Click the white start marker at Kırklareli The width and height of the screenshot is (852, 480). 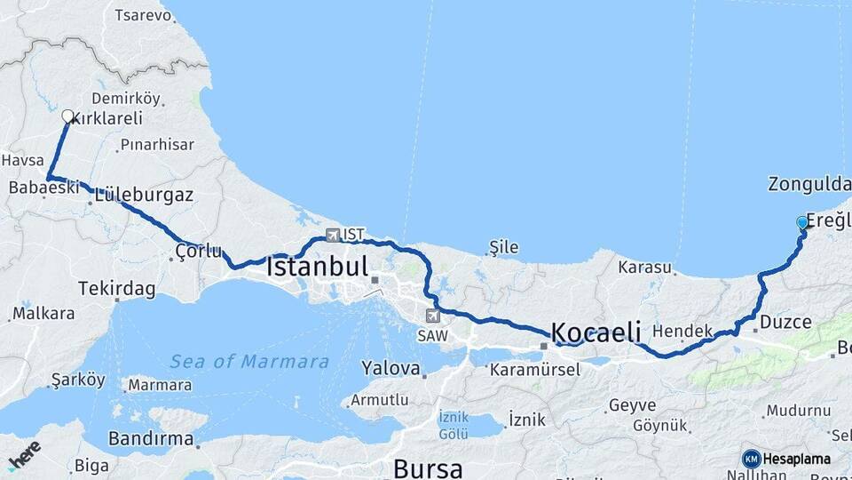coord(67,116)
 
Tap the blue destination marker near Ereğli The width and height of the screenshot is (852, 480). coord(802,222)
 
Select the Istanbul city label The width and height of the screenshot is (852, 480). coord(317,266)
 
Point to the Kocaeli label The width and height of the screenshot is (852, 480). coord(596,332)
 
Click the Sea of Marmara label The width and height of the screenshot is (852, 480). coord(249,362)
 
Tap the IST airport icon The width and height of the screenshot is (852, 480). coord(333,236)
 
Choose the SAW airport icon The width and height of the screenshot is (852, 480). coord(432,315)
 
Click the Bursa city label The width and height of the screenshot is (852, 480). coord(428,468)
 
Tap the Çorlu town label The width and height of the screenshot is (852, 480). coord(198,251)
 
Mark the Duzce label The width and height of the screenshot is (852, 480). coord(785,322)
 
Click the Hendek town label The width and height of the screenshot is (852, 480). coord(682,331)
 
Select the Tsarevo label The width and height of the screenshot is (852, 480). coord(142,15)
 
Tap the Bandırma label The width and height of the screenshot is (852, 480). coord(151,438)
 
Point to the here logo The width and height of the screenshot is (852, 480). coord(24,454)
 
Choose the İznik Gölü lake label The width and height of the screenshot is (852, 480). coord(453,425)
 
